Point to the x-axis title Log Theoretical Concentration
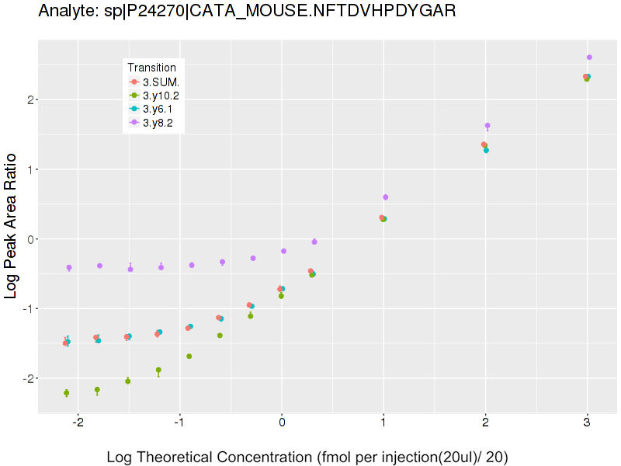coord(307,457)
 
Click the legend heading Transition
coord(152,68)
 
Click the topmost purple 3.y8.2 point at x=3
coord(589,57)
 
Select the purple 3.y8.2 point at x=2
coord(487,125)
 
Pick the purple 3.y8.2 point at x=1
coord(386,197)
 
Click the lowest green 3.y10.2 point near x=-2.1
coord(66,393)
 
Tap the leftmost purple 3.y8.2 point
coord(69,267)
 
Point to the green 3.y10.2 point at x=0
coord(281,296)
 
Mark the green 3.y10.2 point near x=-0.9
coord(189,356)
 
